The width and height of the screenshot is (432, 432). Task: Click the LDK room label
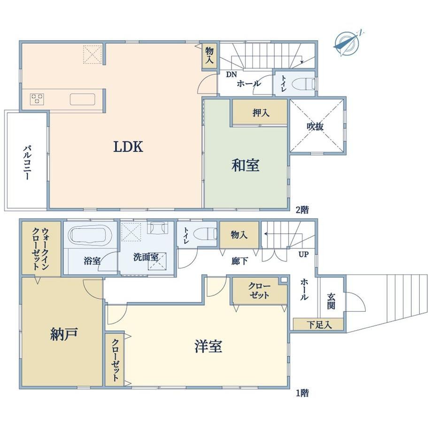click(128, 147)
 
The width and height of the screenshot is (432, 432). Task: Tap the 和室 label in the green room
click(245, 165)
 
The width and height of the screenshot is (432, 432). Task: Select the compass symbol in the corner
click(347, 43)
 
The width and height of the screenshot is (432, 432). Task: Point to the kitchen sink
click(82, 99)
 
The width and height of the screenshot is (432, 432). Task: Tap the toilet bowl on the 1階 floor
click(205, 234)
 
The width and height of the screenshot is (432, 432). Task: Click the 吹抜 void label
click(315, 126)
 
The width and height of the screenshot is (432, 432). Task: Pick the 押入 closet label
click(261, 113)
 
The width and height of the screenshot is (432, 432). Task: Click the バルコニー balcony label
click(27, 163)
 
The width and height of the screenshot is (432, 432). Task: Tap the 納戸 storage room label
click(64, 334)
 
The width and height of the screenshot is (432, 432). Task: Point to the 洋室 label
click(208, 347)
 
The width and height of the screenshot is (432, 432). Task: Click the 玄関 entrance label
click(331, 301)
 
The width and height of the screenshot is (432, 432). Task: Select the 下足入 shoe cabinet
click(318, 324)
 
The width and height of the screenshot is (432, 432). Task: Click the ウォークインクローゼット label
click(40, 248)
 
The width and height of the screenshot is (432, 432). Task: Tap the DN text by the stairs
click(231, 75)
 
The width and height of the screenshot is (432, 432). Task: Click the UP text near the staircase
click(303, 254)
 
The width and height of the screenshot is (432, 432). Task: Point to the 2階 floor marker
click(302, 210)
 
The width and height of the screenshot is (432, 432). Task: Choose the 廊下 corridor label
click(239, 261)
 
